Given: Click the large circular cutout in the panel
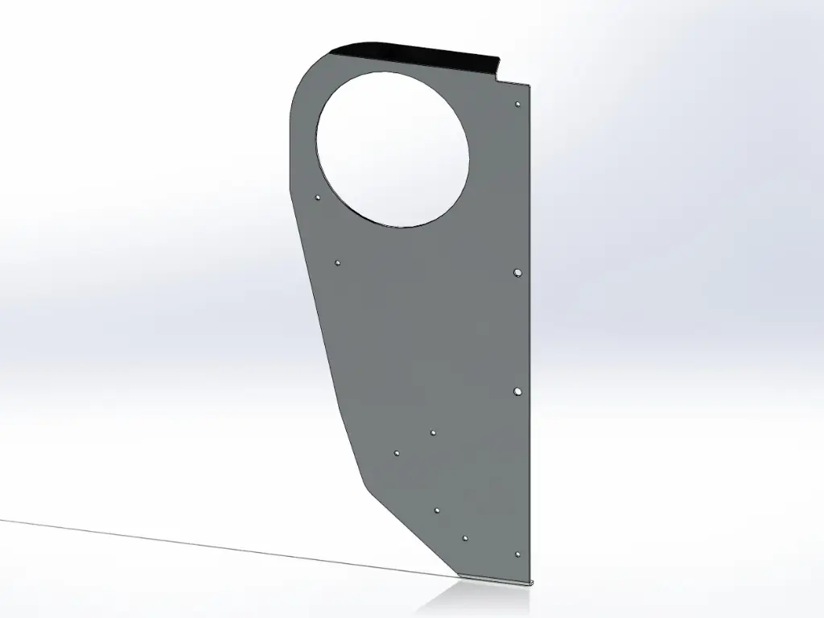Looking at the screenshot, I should [392, 149].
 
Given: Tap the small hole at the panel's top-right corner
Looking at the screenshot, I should [517, 104].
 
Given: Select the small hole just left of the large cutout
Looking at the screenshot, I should [318, 196].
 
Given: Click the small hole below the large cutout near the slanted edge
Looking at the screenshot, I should [337, 262].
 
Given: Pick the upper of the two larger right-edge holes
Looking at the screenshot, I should [517, 273].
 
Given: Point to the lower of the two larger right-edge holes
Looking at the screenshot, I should [517, 391].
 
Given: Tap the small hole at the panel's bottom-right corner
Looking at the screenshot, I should [517, 554].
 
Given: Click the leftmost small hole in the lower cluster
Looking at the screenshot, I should [397, 453].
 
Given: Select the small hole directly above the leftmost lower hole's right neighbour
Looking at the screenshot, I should [433, 433].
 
